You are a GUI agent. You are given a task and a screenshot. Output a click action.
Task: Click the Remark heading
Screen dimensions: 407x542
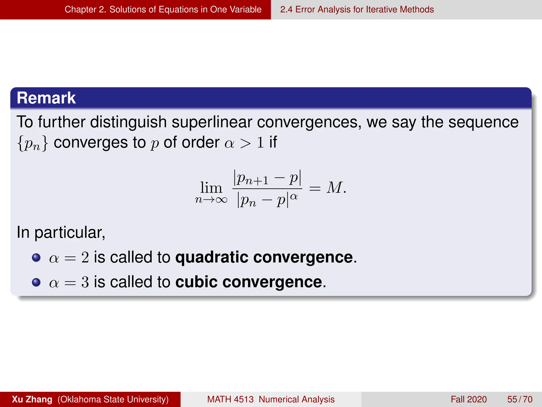46,98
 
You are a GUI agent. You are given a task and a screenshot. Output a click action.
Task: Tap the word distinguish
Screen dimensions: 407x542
128,122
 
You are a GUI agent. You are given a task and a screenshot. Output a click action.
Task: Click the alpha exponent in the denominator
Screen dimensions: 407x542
294,197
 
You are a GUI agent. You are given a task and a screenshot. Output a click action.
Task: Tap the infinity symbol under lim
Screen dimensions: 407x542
221,200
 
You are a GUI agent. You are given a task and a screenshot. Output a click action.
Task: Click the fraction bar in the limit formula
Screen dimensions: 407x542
267,189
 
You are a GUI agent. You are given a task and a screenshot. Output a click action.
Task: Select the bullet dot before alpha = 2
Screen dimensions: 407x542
36,258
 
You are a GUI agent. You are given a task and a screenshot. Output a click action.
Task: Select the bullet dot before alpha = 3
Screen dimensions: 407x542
36,282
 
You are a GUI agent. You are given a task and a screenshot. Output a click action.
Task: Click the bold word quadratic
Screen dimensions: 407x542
211,258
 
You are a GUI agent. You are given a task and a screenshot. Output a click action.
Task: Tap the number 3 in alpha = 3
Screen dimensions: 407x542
85,282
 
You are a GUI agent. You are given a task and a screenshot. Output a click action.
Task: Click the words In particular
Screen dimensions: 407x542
61,233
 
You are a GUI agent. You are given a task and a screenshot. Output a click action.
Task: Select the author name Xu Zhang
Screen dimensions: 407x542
32,399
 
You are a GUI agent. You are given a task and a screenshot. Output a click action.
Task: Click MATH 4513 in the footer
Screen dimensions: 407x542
230,399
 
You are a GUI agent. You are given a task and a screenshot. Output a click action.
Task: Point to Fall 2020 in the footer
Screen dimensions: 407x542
468,399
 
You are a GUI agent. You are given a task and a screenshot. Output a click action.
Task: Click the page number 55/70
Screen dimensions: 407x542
520,399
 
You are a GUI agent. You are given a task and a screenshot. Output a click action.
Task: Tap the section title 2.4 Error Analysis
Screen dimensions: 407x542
357,10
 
